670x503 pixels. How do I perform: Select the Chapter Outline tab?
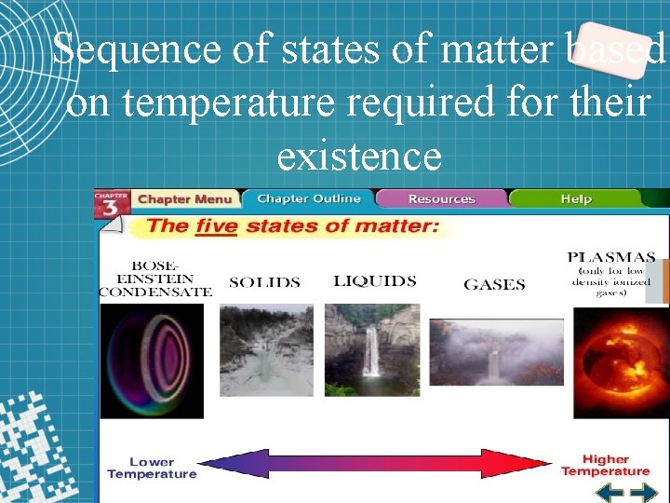pyautogui.click(x=308, y=198)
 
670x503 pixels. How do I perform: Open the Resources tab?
pyautogui.click(x=441, y=198)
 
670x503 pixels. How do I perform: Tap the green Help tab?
pyautogui.click(x=576, y=198)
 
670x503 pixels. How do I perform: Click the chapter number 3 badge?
pyautogui.click(x=111, y=204)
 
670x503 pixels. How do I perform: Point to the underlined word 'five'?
pyautogui.click(x=216, y=225)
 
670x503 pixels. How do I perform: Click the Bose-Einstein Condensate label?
pyautogui.click(x=155, y=278)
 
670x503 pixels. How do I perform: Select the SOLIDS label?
pyautogui.click(x=264, y=282)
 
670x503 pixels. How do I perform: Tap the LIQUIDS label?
pyautogui.click(x=374, y=281)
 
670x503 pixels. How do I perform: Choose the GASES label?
pyautogui.click(x=494, y=285)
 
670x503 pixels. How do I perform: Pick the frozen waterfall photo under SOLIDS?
pyautogui.click(x=266, y=350)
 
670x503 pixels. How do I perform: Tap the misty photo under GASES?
pyautogui.click(x=496, y=352)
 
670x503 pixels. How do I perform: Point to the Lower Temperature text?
pyautogui.click(x=152, y=468)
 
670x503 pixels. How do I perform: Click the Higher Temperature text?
pyautogui.click(x=605, y=465)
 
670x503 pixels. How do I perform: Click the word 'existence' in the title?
pyautogui.click(x=359, y=156)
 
